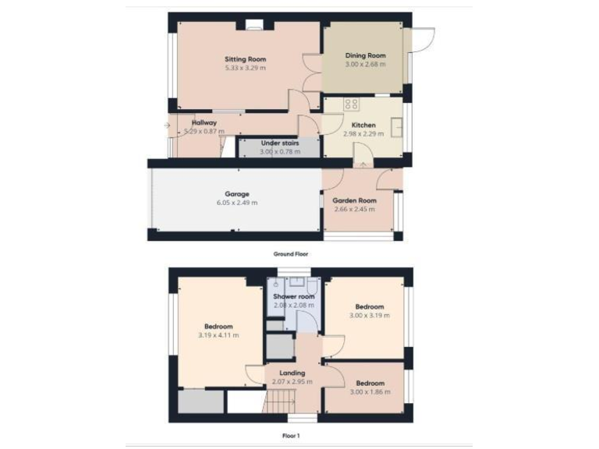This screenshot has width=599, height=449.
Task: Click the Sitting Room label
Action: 246,59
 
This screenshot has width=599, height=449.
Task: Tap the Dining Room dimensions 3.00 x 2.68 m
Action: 366,65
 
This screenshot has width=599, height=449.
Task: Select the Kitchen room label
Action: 363,125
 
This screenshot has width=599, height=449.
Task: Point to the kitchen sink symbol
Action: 397,125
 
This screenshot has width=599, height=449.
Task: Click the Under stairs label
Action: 279,143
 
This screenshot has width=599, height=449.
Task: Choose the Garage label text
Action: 237,193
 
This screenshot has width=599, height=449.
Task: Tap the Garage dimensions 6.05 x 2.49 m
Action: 237,203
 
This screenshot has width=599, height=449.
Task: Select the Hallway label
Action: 204,122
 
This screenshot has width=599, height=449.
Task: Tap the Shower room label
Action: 293,297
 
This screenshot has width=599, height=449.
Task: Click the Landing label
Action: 293,373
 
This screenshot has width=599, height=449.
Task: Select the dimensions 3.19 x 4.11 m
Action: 218,335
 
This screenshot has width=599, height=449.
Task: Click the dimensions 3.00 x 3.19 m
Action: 369,316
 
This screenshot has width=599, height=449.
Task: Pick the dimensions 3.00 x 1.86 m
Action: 370,391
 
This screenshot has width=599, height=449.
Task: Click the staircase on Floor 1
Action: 279,402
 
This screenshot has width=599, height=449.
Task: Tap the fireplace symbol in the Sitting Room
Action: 253,26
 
